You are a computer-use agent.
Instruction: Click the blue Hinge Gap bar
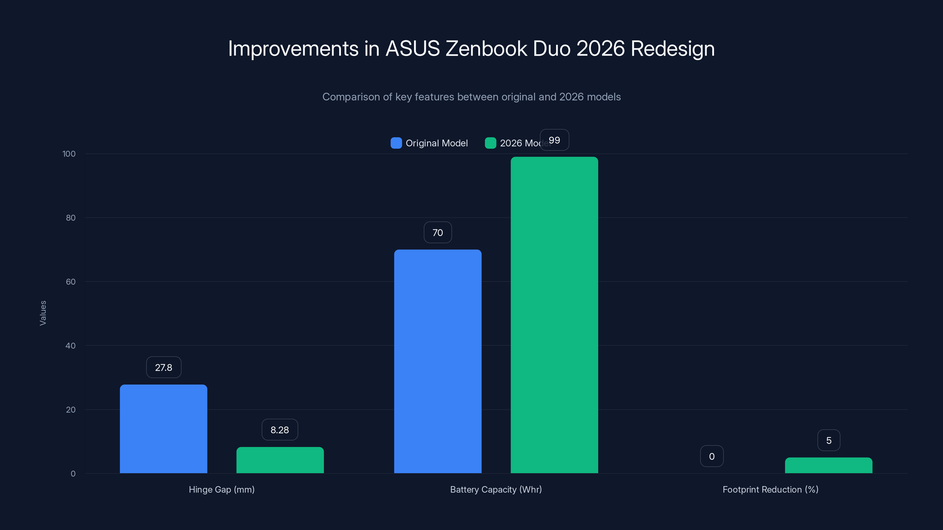click(163, 429)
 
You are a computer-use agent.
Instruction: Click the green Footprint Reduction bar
click(828, 465)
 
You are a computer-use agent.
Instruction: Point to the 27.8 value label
click(164, 367)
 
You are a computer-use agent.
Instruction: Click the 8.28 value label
click(280, 430)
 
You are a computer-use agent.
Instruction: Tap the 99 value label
click(554, 140)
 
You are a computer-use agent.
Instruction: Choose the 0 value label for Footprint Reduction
click(712, 456)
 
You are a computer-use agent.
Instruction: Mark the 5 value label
click(829, 440)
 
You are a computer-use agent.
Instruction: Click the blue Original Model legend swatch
click(396, 143)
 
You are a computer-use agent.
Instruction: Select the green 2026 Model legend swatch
click(491, 143)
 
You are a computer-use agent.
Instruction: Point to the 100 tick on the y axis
click(69, 154)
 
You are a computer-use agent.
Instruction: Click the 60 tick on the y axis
click(71, 282)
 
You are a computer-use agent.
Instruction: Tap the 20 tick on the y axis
click(71, 410)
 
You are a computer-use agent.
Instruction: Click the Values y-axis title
click(43, 313)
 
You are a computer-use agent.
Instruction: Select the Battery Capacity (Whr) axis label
click(496, 489)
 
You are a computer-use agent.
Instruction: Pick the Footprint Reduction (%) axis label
click(770, 489)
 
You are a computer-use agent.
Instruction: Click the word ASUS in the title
click(413, 48)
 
